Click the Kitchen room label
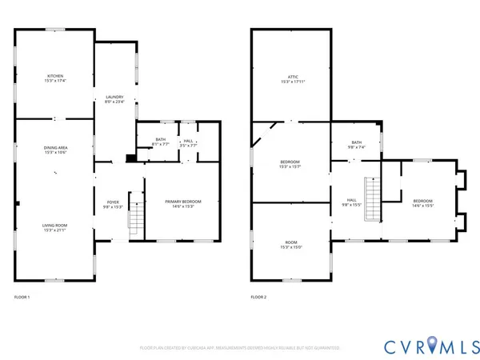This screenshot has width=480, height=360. [54, 78]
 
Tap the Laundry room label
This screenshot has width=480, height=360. [114, 99]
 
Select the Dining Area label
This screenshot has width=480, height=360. [54, 150]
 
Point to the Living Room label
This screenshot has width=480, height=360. [54, 227]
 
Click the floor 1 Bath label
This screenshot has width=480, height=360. [160, 142]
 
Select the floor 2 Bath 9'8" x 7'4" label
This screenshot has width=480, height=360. [355, 146]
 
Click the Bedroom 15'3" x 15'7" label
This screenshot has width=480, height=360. [290, 163]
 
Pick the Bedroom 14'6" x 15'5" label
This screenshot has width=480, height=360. [422, 202]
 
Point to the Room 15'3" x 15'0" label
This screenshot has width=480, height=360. [290, 244]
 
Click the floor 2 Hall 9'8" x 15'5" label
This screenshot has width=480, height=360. [352, 202]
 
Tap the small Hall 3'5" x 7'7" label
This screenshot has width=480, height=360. [188, 142]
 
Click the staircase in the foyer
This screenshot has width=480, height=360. [136, 216]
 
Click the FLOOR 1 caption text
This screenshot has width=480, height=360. [22, 297]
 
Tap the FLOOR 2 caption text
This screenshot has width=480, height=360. [258, 297]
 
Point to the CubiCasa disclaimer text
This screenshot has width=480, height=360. [239, 348]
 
